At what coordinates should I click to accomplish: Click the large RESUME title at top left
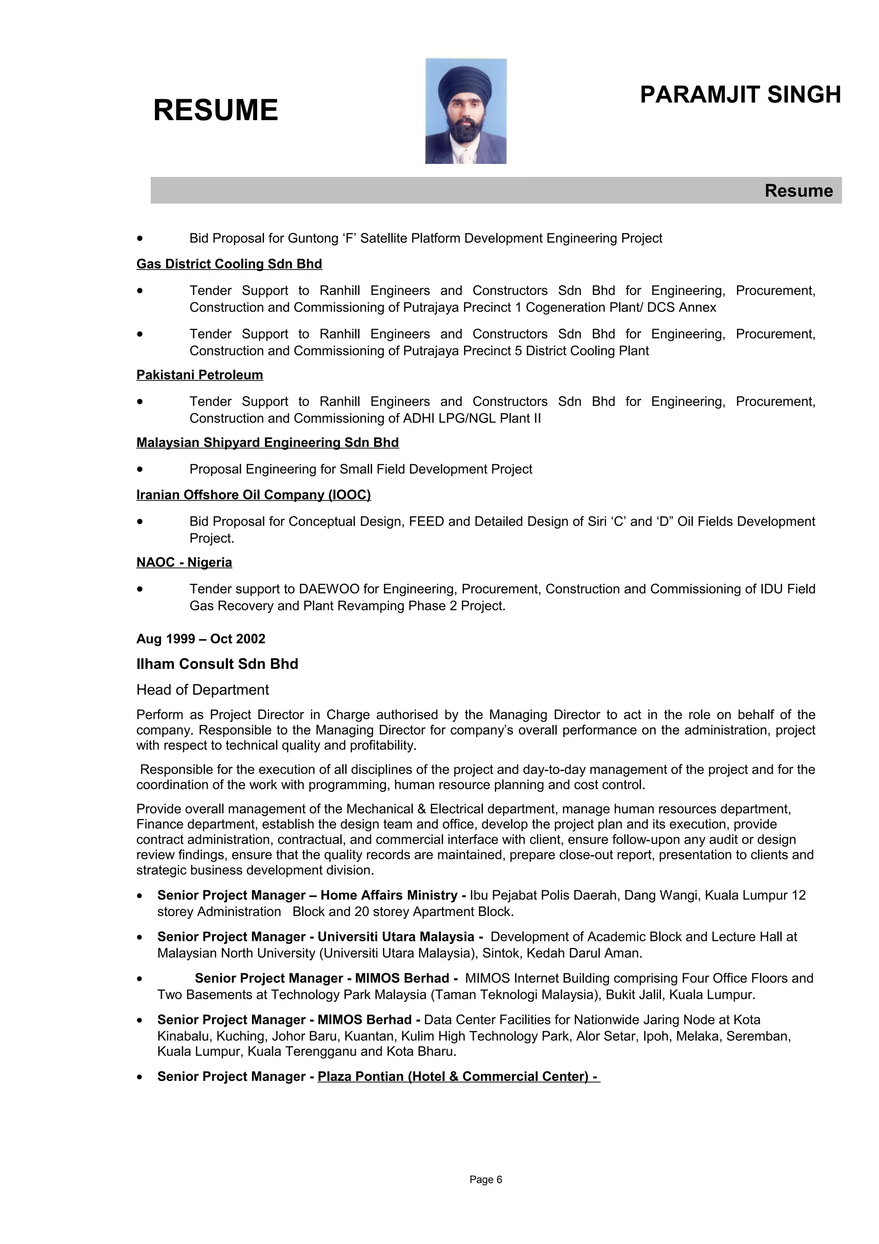pos(215,110)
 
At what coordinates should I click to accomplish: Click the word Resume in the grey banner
pos(798,191)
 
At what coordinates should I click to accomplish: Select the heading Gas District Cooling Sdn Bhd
pos(229,264)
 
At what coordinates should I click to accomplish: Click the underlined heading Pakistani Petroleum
pos(199,375)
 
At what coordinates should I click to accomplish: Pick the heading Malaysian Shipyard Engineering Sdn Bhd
pos(267,443)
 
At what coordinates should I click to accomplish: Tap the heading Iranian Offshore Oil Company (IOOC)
pos(254,495)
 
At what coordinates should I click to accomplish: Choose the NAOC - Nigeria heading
pos(184,562)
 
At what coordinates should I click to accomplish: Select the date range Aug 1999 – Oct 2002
pos(201,639)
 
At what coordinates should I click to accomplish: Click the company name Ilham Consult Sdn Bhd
pos(217,664)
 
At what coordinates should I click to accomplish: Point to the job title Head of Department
pos(203,690)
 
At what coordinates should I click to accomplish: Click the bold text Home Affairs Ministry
pos(389,895)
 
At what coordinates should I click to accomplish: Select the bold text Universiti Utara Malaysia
pos(395,937)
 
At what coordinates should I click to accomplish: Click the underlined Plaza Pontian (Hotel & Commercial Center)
pos(458,1077)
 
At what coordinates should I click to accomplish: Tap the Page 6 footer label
pos(486,1180)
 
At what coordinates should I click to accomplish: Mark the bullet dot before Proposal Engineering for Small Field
pos(140,469)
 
